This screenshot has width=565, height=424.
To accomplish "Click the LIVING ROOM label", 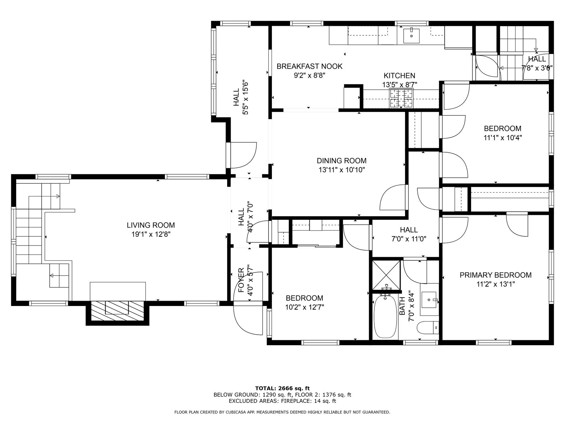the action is coord(150,225).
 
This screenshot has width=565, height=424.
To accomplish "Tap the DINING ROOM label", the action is coord(341,161).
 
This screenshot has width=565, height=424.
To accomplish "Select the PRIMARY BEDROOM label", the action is coord(495,275).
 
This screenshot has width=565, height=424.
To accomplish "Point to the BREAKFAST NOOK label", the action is coord(309,66).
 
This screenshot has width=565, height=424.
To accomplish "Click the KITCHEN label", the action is coord(399,75).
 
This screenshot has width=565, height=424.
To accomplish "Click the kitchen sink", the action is coord(411,36).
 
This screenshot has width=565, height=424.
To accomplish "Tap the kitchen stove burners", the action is coord(402,98).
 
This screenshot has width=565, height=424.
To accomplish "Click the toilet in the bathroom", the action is coord(428,328).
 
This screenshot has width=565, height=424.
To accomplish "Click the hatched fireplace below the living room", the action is coord(117,311).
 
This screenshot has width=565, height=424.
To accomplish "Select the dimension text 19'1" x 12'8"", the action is coord(151,235).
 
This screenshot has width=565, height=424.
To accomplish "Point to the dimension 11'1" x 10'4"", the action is coord(503,138).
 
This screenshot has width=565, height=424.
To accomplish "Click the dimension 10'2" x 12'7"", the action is coord(304,307).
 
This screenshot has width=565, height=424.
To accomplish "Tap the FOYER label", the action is coord(241,280).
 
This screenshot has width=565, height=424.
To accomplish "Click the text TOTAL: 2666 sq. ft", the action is coord(282,388).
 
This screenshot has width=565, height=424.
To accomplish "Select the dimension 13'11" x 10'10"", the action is coord(342,170).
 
